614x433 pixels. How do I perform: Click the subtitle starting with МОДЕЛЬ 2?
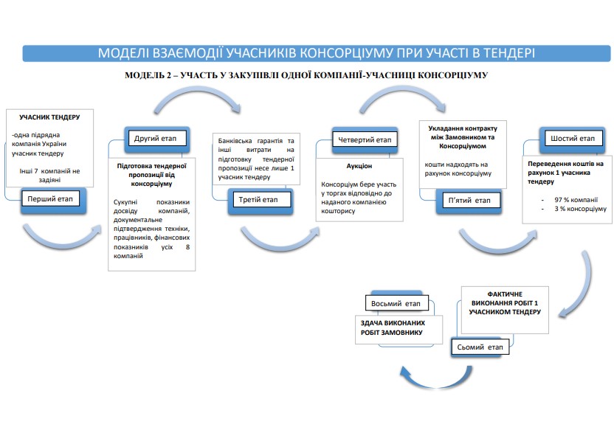pos(306,75)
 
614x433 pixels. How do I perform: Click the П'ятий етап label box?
pos(468,200)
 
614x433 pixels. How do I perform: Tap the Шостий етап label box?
pos(572,139)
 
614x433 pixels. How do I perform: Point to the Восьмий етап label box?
pos(396,303)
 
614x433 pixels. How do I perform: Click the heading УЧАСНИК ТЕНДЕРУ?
pos(49,117)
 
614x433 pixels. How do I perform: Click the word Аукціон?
pos(359,166)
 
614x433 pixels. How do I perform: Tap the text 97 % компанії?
pos(568,200)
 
